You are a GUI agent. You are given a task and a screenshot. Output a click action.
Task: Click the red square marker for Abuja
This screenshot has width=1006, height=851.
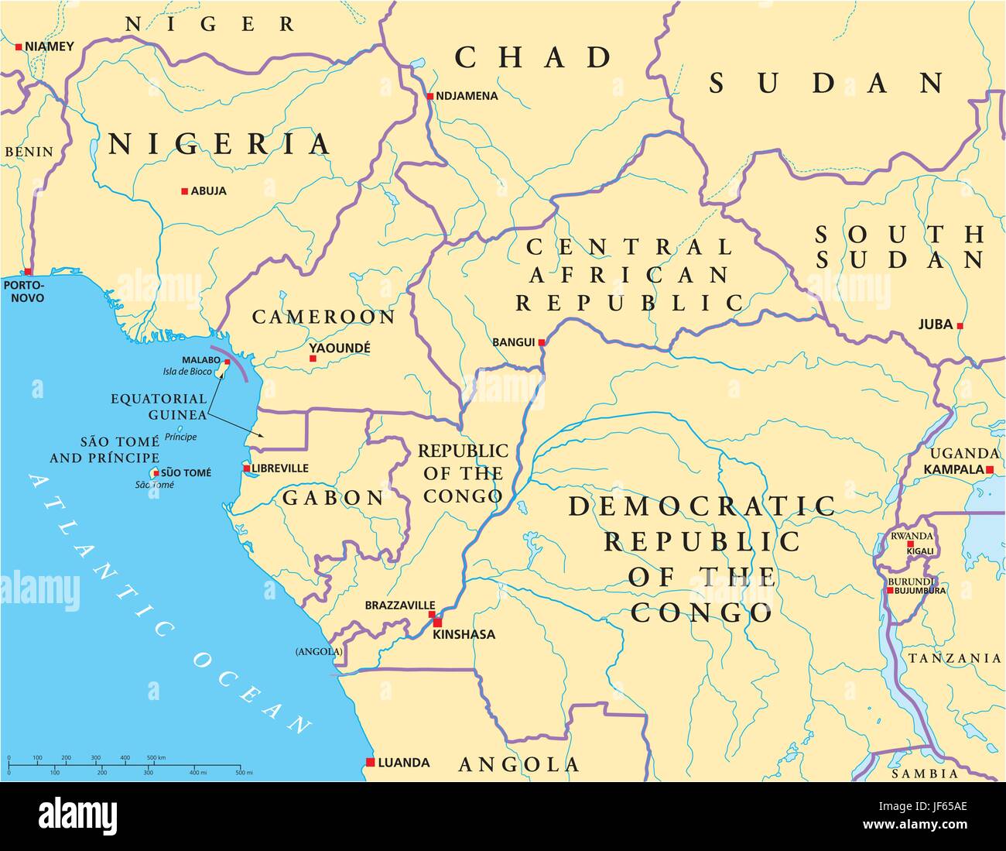coord(184,191)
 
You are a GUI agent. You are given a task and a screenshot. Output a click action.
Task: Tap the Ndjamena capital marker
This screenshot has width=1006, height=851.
coord(429,97)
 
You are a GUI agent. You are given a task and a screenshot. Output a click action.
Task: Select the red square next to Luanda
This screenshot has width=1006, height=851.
coord(371,762)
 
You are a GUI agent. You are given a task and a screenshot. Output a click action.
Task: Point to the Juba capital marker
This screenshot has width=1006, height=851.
coord(960,326)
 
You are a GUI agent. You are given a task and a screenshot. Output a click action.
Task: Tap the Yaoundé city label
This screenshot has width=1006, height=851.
coord(339,348)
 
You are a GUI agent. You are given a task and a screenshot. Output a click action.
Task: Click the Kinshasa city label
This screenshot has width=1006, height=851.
coord(464,635)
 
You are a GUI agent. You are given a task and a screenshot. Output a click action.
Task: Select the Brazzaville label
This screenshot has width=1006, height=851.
coord(400,606)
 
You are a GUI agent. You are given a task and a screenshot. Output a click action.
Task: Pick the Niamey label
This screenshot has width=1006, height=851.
coord(50,46)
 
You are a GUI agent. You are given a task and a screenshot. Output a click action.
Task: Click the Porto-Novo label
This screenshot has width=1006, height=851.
coord(23,292)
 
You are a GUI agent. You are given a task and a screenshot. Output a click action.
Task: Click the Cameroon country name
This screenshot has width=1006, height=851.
coord(323,317)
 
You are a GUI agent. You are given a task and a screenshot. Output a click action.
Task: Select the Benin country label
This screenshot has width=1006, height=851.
coord(29,152)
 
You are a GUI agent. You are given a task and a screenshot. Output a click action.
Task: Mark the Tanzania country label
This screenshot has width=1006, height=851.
coord(954,658)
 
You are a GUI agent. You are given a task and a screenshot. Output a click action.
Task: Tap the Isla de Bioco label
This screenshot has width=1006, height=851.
coord(187,372)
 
